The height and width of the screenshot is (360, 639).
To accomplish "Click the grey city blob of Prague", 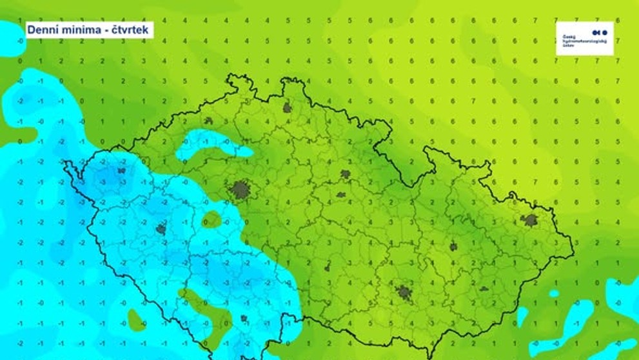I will (x=240, y=190).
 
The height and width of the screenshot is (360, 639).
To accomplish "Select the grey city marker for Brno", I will (x=404, y=292).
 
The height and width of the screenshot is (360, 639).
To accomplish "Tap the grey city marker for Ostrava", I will (x=530, y=220).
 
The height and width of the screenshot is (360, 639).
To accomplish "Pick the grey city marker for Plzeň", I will (x=161, y=228).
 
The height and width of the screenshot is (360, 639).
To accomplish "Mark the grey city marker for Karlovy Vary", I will (x=121, y=171).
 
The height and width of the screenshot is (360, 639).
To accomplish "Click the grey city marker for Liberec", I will (x=287, y=108).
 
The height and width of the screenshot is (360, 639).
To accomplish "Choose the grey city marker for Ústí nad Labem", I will (x=208, y=121).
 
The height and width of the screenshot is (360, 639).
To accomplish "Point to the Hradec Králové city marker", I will (x=346, y=174).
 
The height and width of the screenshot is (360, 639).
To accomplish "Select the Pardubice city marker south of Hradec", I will (x=340, y=194).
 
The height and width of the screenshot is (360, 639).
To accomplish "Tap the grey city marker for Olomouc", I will (x=453, y=246).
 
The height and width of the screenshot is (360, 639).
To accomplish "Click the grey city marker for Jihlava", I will (x=328, y=267).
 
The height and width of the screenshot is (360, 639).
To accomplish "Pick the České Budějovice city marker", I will (x=244, y=318).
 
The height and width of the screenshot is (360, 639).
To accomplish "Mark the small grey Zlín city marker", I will (x=484, y=288).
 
